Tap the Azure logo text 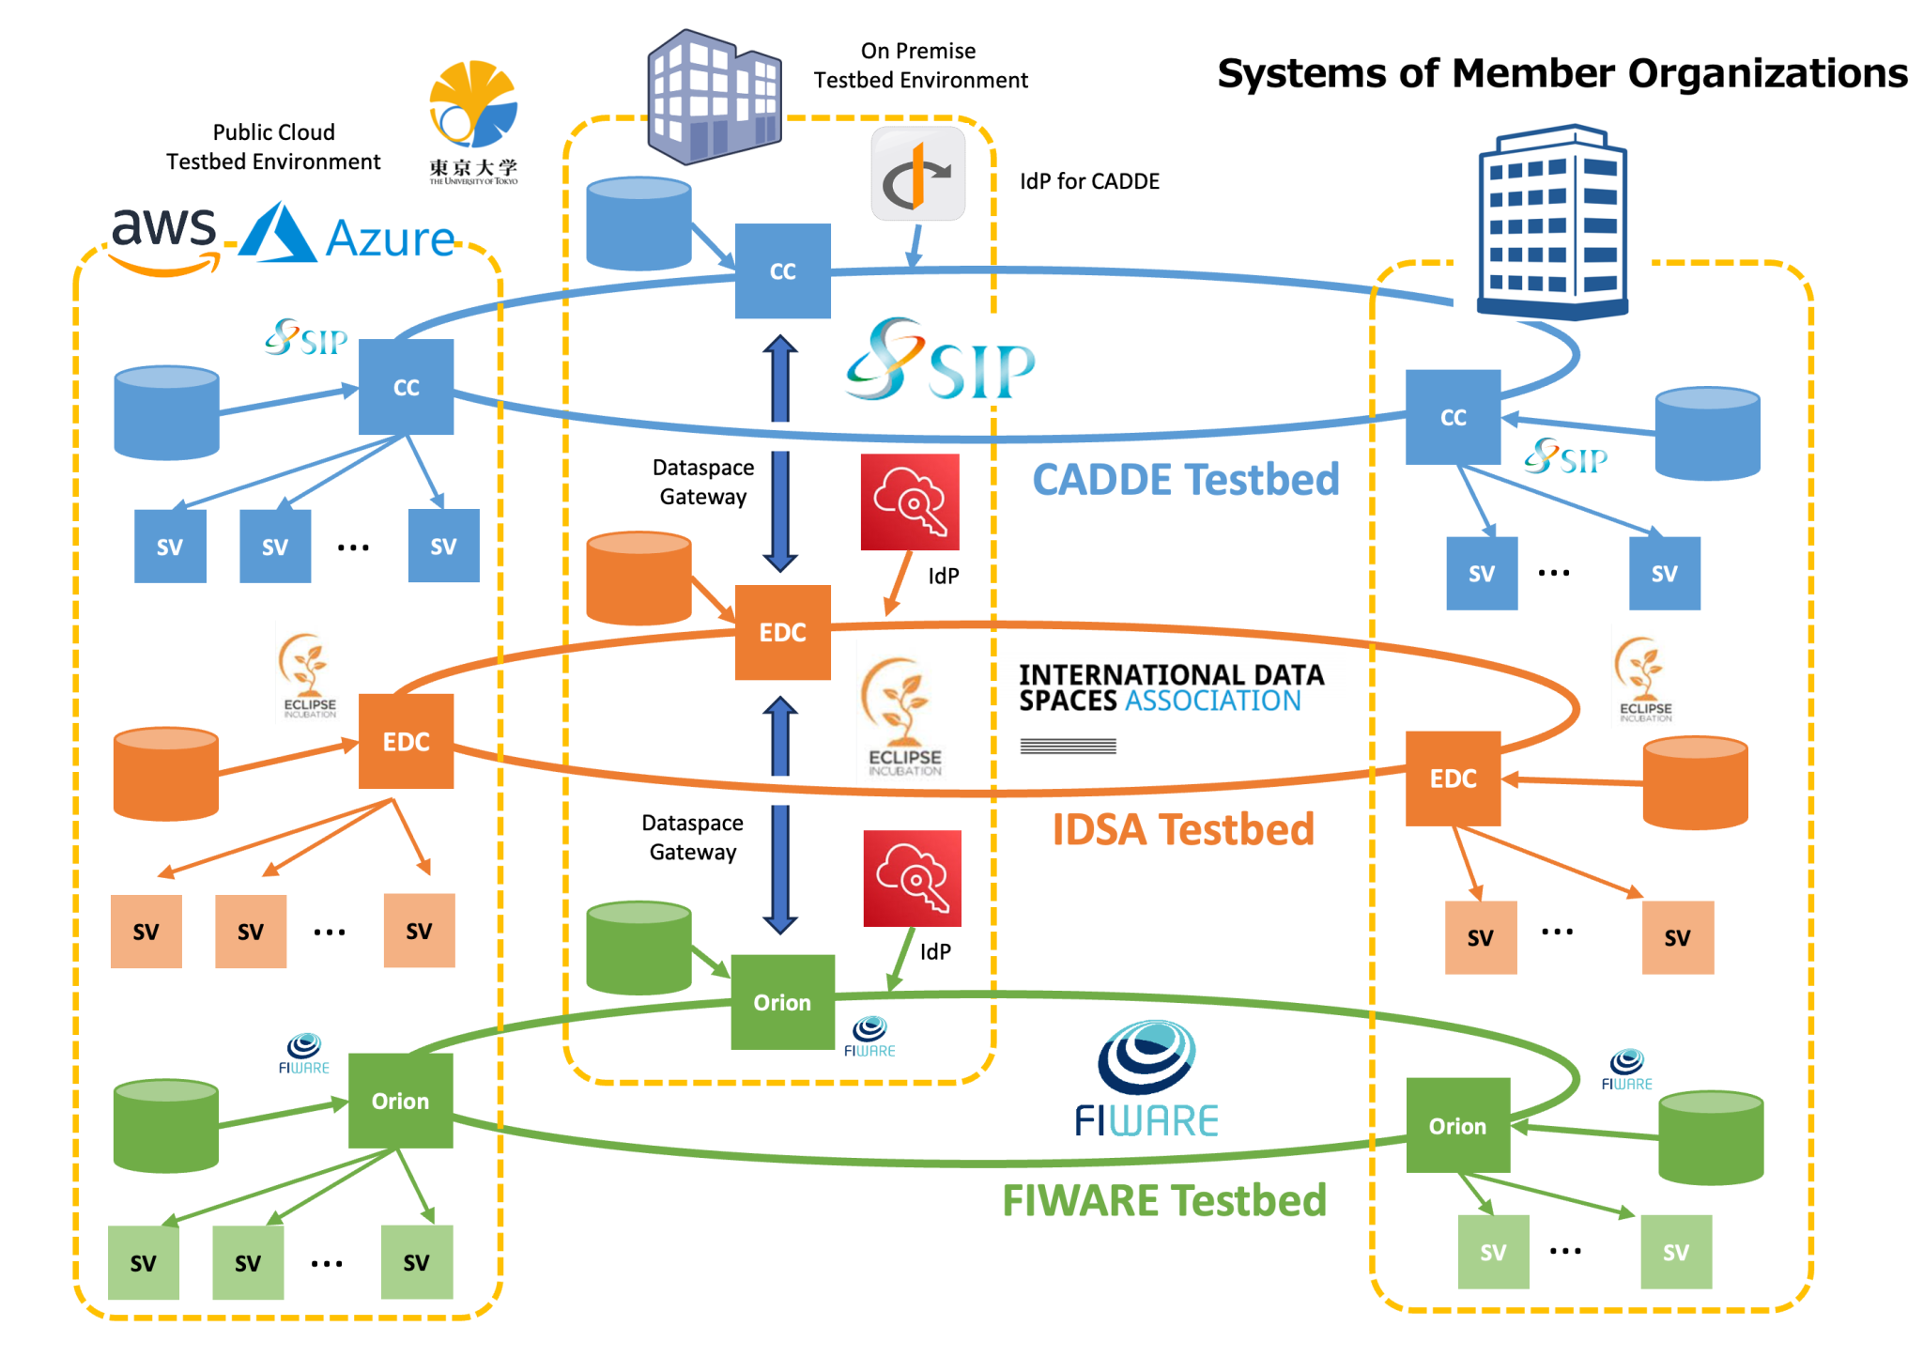pos(389,239)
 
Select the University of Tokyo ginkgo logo pos(473,105)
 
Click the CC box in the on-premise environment pos(782,271)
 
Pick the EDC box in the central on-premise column pos(782,632)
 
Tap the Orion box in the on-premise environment pos(782,1002)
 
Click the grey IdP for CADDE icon pos(917,175)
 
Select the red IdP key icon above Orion pos(912,878)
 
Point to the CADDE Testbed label pos(1185,480)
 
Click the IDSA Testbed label pos(1182,830)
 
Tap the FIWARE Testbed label pos(1163,1200)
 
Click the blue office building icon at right pos(1552,224)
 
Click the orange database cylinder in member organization pos(1695,783)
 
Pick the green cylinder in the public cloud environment pos(166,1125)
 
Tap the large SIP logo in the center pos(939,362)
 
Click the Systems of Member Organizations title pos(1561,73)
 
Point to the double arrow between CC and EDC pos(780,453)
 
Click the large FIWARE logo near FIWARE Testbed pos(1146,1080)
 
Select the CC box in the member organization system pos(1453,417)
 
